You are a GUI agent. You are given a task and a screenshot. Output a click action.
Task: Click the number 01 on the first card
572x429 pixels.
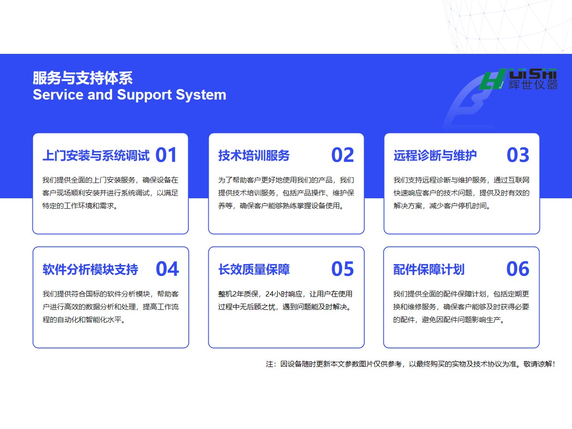(166, 155)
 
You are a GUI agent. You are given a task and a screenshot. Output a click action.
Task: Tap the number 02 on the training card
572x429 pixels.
(342, 155)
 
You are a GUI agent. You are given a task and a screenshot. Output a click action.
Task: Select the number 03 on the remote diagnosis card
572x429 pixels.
(518, 155)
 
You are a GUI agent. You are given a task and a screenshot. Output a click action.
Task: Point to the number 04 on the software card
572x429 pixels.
(167, 269)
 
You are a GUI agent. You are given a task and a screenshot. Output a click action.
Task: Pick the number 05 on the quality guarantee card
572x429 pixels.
(342, 269)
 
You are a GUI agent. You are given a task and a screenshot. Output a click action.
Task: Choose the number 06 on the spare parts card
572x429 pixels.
(518, 269)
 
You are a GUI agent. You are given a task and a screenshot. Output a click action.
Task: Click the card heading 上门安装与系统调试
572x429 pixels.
(96, 155)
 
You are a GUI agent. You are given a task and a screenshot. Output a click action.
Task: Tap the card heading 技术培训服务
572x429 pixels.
(254, 155)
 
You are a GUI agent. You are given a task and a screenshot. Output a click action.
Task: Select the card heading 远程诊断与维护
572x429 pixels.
(435, 155)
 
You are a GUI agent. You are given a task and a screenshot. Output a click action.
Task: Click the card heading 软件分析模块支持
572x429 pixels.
(91, 269)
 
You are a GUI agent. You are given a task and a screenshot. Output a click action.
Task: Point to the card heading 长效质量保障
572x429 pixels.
(254, 269)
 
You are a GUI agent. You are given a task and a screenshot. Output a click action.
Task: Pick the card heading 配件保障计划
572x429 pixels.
(429, 269)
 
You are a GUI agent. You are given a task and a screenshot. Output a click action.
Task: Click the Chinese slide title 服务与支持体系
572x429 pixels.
(82, 78)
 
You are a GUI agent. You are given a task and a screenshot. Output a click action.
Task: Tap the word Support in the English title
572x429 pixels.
(144, 95)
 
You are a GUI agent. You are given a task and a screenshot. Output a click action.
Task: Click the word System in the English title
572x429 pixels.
(201, 95)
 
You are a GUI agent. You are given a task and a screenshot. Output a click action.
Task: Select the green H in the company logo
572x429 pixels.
(492, 79)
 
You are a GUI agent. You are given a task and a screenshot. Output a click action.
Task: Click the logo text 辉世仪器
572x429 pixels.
(533, 85)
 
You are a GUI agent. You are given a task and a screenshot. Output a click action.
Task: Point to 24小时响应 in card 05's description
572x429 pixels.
(284, 294)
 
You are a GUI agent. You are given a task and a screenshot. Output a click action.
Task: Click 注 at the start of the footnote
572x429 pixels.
(269, 364)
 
